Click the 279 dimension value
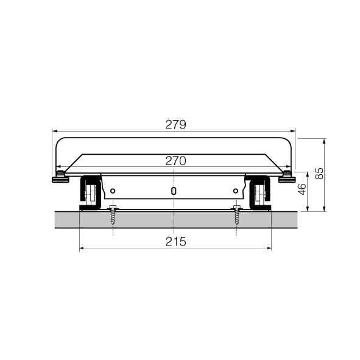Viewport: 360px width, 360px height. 175,125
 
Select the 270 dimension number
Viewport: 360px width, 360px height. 175,161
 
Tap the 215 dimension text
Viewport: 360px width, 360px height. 175,242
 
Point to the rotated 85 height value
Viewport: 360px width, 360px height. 319,174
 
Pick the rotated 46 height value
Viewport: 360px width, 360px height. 302,189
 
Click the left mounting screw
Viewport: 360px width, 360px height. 113,216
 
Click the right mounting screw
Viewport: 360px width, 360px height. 237,216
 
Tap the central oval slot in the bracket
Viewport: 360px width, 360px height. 174,191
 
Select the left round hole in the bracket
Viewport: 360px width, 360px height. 113,191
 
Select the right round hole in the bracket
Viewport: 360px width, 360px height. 235,191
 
